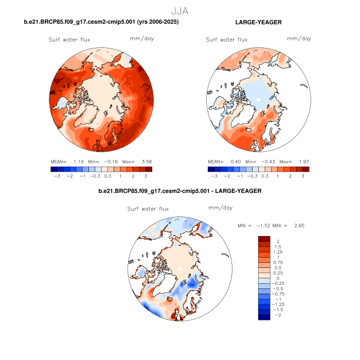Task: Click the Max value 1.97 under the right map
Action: point(302,161)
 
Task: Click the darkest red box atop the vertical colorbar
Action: point(264,239)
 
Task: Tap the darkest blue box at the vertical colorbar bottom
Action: point(264,317)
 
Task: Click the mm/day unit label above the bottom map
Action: point(220,208)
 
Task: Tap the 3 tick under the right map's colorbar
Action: point(303,175)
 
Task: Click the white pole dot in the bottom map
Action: point(179,268)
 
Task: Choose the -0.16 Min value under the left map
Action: point(114,161)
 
